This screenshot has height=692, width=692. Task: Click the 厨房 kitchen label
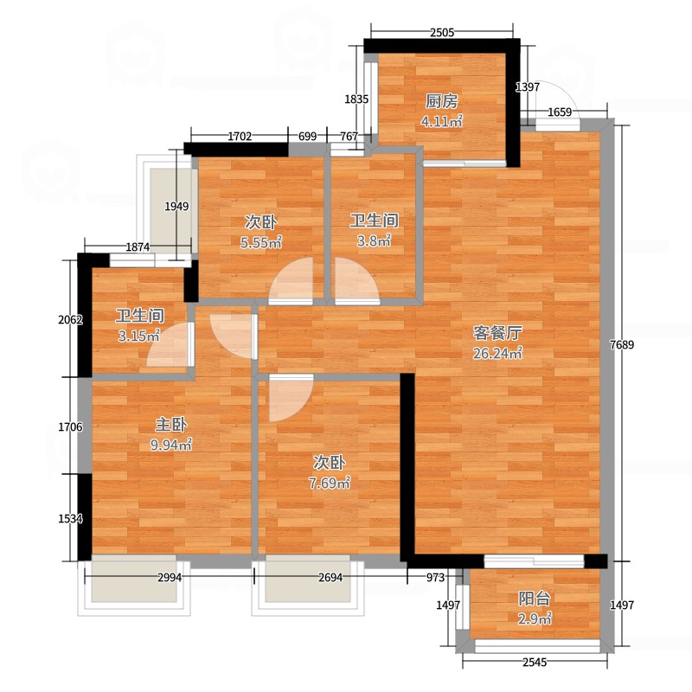(x=441, y=101)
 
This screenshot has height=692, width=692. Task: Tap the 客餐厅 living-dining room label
(x=498, y=333)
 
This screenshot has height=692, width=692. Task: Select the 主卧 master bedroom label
(x=171, y=425)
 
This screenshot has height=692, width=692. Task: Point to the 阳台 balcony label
(x=534, y=599)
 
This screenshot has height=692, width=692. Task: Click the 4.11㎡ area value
(x=441, y=121)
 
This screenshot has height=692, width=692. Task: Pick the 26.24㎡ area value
(x=498, y=353)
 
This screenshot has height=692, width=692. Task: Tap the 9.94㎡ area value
(x=171, y=445)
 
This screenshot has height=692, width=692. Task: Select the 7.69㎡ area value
(x=330, y=484)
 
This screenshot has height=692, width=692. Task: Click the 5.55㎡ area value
(x=261, y=242)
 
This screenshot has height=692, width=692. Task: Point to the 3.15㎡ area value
(x=139, y=336)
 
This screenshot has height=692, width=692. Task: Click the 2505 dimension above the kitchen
(x=442, y=32)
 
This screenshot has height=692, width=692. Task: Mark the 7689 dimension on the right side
(x=622, y=344)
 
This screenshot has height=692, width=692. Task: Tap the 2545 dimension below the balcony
(x=535, y=662)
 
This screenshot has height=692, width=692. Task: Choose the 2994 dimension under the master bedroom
(x=170, y=577)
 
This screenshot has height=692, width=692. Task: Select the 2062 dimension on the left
(x=71, y=319)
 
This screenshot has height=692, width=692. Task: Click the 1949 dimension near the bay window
(x=176, y=206)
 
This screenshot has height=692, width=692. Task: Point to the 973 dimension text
(x=435, y=577)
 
